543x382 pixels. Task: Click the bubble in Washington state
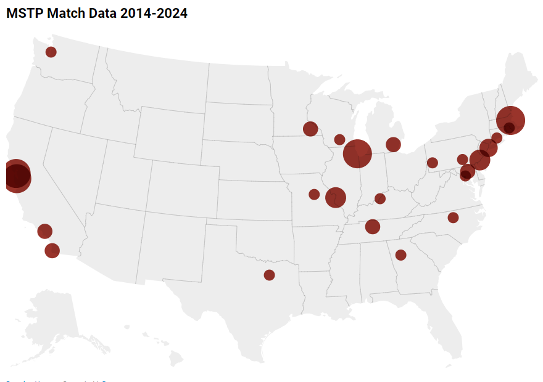coord(51,52)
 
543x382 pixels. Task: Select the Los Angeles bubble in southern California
coord(44,231)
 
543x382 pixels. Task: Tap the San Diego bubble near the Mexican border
coord(52,250)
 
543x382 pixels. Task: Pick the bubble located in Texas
coord(269,275)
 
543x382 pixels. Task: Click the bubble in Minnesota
coord(310,129)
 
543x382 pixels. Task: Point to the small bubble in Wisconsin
coord(339,139)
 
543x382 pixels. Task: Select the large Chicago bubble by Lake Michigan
coord(357,153)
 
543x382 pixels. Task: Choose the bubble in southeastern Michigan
coord(393,144)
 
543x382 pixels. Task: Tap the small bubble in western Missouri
coord(314,195)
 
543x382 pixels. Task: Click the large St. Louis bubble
coord(335,198)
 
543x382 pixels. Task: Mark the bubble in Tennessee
coord(372,226)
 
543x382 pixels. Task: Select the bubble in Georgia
coord(400,255)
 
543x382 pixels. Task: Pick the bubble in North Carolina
coord(453,217)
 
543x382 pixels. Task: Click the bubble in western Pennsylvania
coord(432,163)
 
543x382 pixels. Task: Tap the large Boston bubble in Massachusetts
coord(511,120)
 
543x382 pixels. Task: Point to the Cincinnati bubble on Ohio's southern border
coord(380,198)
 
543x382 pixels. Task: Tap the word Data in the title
coord(103,13)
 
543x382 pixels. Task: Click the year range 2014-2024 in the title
coord(154,13)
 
